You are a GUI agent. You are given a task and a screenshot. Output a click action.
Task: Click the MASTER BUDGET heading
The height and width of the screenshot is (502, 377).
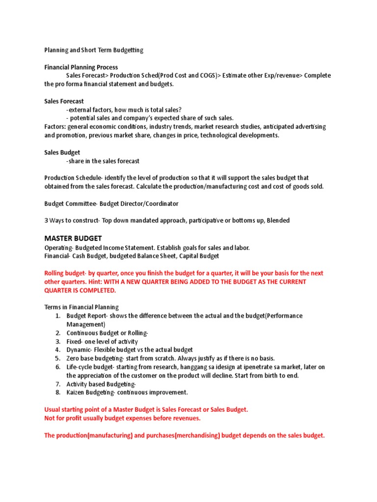coord(73,238)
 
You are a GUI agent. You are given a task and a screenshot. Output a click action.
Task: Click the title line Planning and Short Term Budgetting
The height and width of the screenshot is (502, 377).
coord(94,50)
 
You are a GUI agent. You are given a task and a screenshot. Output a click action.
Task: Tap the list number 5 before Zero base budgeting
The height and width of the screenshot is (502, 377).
coord(57,358)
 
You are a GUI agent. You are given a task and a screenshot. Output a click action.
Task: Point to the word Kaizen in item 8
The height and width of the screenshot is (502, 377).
coord(78,392)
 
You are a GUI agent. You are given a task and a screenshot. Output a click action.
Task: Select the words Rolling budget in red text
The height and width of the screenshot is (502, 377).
coord(65,273)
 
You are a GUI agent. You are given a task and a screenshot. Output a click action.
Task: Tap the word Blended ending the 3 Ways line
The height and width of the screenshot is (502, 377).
coord(278,221)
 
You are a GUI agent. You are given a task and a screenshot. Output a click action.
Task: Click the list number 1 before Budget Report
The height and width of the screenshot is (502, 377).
coord(57,316)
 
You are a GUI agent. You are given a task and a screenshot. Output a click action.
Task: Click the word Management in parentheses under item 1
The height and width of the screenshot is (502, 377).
coord(86,324)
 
